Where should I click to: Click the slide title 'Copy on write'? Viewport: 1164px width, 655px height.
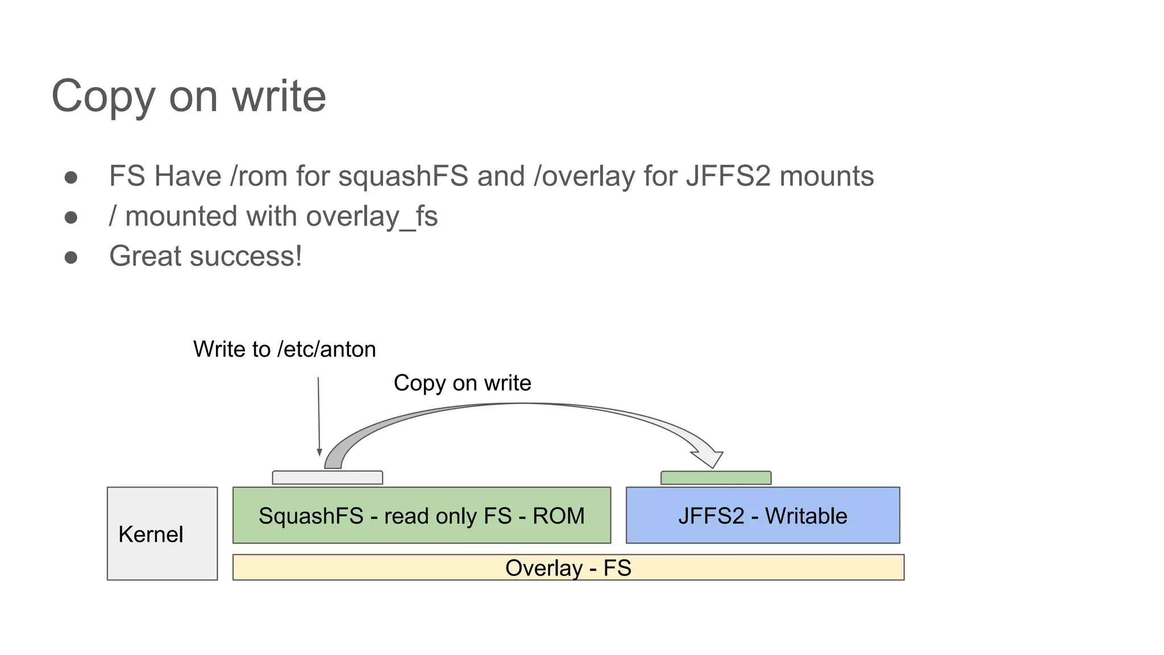189,96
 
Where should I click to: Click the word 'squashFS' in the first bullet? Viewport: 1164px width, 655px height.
403,176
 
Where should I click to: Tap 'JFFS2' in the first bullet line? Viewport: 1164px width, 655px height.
728,176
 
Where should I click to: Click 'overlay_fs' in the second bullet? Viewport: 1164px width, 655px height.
372,217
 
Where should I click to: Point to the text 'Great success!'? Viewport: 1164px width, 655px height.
205,256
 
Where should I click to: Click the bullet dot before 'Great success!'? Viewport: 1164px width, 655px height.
71,258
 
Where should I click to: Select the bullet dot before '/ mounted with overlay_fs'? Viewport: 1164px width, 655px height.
71,217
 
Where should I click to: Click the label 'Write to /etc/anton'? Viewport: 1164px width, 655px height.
284,349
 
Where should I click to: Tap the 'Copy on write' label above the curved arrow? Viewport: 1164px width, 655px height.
462,383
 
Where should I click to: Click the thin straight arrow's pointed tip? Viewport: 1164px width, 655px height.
319,454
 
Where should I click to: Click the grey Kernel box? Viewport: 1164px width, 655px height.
163,533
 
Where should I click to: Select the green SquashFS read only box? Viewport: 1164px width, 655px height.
421,515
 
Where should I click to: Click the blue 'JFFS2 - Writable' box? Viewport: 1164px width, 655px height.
763,515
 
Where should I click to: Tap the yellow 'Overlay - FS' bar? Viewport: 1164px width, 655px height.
568,567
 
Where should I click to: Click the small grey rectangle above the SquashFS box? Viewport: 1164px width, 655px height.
327,478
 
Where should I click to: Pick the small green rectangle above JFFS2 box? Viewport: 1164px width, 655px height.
716,478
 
